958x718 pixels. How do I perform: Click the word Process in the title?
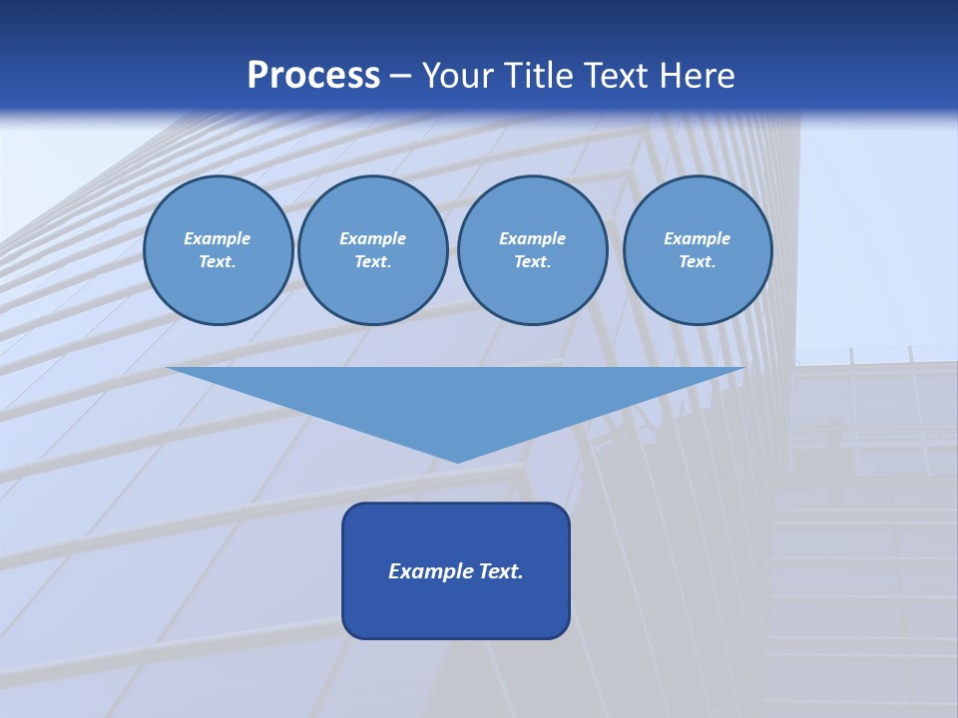[x=313, y=76]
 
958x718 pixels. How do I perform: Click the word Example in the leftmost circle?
[x=218, y=238]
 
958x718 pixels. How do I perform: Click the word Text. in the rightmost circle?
[x=698, y=262]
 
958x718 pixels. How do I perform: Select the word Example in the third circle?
[x=533, y=238]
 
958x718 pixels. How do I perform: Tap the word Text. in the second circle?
[x=373, y=262]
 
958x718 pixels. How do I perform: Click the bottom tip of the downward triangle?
[x=457, y=460]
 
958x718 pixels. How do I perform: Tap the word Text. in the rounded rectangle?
[x=500, y=571]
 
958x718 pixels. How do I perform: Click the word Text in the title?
[x=614, y=76]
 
